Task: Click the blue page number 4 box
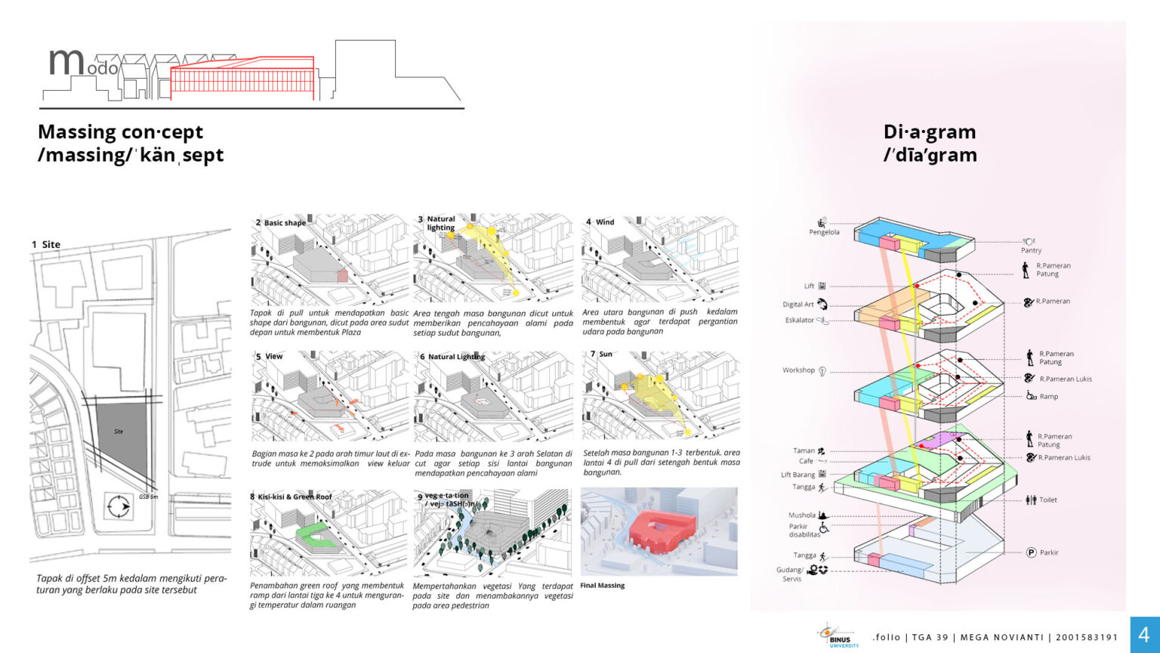1143,635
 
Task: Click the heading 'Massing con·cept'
121,132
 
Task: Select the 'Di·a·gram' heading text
930,132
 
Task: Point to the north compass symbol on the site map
119,506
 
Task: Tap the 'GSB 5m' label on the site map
149,497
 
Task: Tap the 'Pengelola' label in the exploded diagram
824,232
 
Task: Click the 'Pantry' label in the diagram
1031,250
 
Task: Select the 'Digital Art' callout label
798,305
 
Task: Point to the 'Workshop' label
798,370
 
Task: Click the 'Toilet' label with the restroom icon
1047,500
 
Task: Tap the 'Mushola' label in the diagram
801,515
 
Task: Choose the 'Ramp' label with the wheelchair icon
1048,396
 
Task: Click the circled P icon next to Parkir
1031,552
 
